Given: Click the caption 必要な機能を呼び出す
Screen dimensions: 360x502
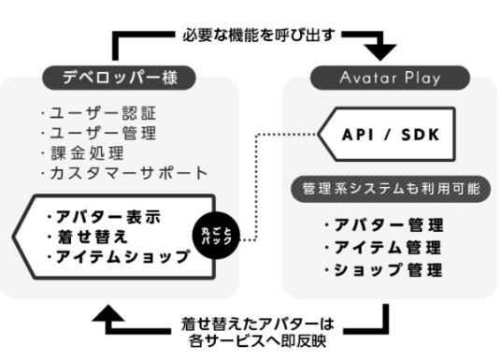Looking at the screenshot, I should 250,35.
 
